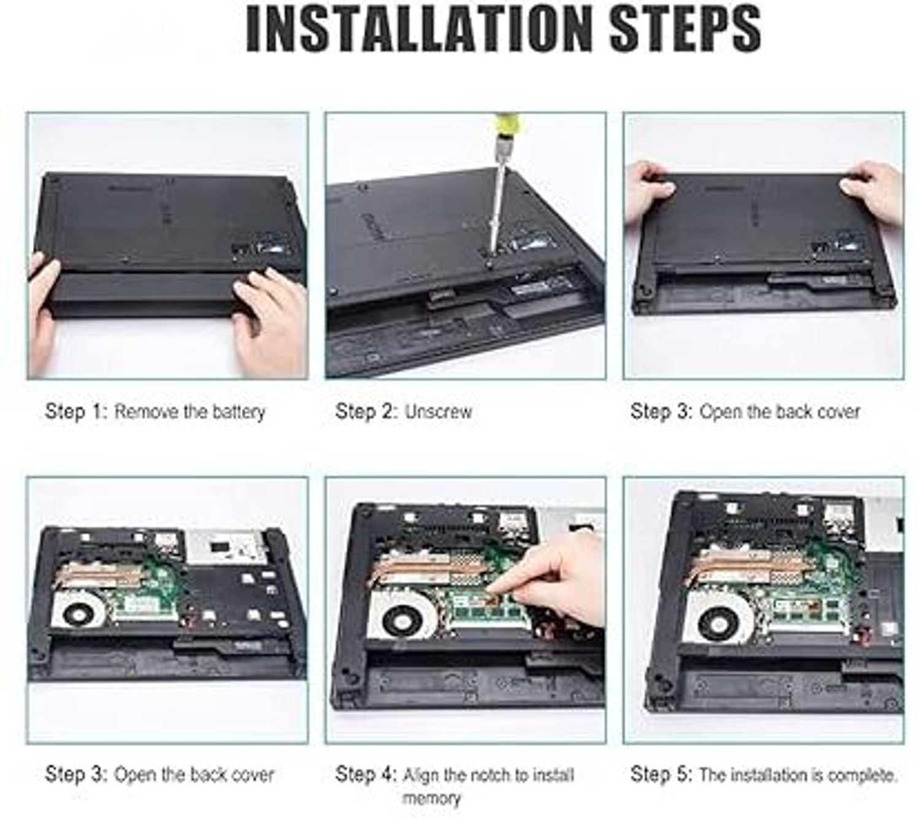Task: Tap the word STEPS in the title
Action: [x=685, y=28]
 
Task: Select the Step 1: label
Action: [x=76, y=412]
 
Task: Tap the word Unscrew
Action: [x=438, y=412]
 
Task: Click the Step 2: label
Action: [x=366, y=412]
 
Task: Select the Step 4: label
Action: [x=366, y=774]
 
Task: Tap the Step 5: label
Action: [x=661, y=774]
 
